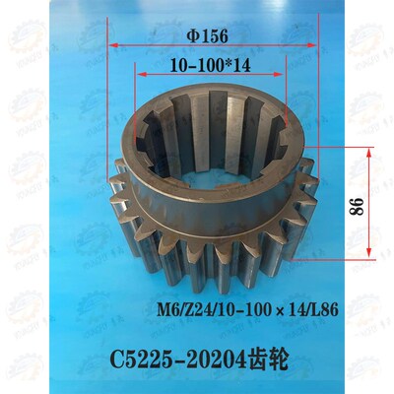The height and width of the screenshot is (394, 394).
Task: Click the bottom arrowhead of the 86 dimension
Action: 369,255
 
